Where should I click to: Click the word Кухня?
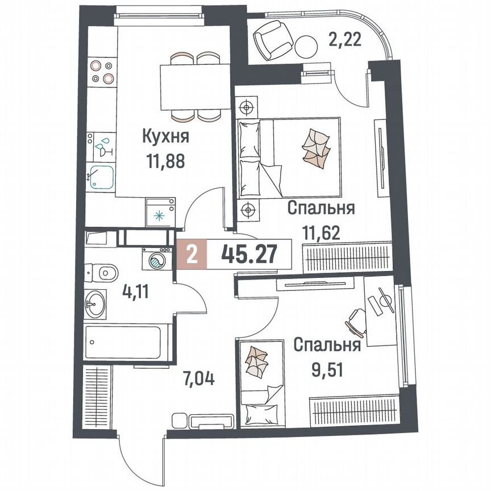click(165, 137)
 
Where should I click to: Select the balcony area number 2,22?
click(346, 40)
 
